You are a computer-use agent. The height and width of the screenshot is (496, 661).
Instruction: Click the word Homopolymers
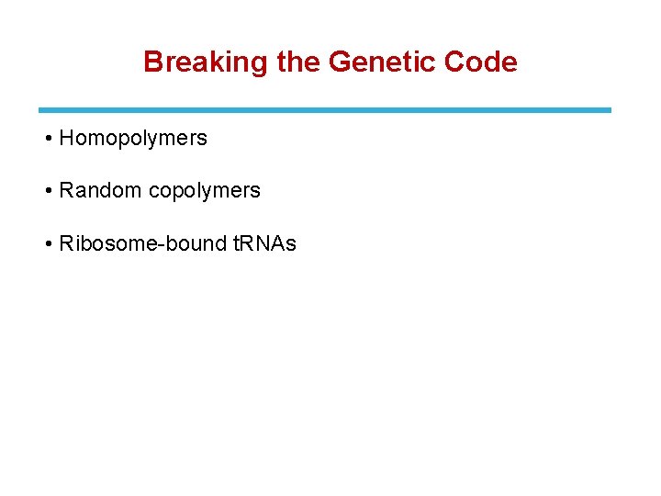133,139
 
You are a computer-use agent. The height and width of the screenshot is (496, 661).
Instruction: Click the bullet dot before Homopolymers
47,139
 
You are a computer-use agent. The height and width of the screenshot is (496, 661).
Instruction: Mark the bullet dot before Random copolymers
47,191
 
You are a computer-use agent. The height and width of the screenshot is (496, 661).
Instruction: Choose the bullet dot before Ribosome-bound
47,243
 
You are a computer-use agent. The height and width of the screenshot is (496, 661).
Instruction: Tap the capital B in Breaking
152,62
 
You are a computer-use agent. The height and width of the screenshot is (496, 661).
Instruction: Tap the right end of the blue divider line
609,110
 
